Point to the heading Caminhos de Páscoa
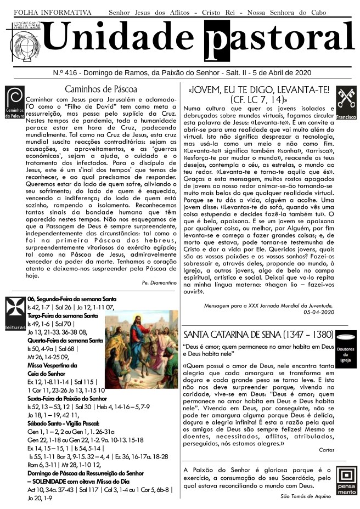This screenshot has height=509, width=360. [x=100, y=89]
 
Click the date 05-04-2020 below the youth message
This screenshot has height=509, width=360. [x=318, y=312]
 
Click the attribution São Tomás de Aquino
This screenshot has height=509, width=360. [x=306, y=496]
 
